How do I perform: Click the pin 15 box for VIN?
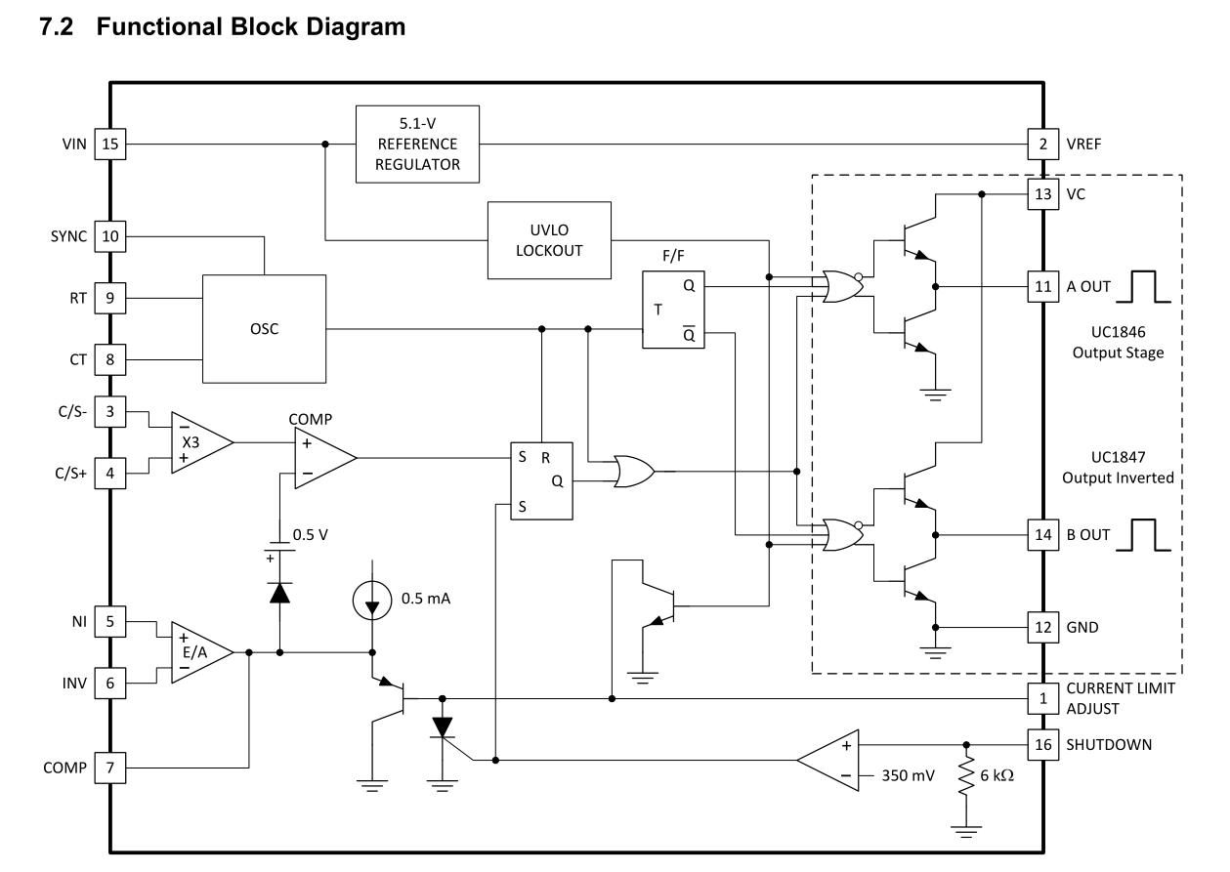click(x=109, y=145)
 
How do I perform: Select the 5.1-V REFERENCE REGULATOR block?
click(x=417, y=145)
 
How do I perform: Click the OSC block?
click(x=264, y=328)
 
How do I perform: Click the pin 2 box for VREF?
click(x=1043, y=145)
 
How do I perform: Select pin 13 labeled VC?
click(x=1043, y=193)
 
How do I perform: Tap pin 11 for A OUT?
click(x=1043, y=287)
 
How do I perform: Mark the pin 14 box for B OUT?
click(x=1043, y=534)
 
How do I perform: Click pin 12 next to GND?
click(x=1043, y=627)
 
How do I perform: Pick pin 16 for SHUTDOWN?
click(x=1043, y=744)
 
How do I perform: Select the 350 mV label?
click(x=909, y=776)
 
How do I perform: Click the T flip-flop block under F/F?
click(x=672, y=310)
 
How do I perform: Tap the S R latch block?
click(x=542, y=480)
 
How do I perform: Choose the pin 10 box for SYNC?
click(x=109, y=237)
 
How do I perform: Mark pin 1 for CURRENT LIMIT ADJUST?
click(x=1043, y=697)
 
